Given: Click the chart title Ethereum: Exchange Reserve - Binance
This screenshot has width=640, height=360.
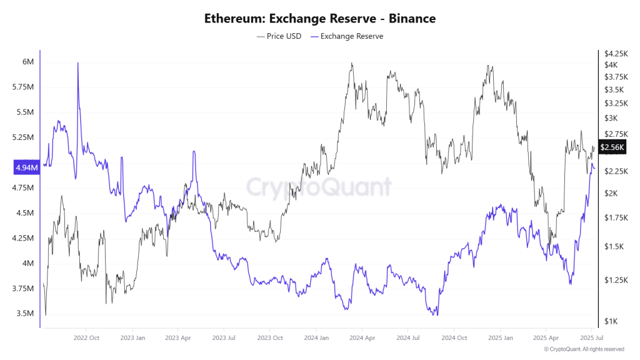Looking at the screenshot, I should click(x=319, y=18).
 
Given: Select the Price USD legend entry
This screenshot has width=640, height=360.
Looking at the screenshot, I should click(x=279, y=36).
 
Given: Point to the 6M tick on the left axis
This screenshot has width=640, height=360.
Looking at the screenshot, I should click(x=27, y=62).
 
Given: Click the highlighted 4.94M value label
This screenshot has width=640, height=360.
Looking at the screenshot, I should click(x=26, y=167).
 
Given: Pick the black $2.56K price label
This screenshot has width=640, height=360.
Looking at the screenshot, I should click(x=612, y=147).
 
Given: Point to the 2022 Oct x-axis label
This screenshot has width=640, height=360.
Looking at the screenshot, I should click(x=86, y=337).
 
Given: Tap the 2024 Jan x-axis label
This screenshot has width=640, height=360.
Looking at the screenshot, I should click(x=316, y=337).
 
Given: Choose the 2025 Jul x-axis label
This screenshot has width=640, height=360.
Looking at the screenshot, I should click(x=591, y=337).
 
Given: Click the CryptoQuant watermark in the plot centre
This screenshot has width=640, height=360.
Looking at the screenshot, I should click(x=319, y=186).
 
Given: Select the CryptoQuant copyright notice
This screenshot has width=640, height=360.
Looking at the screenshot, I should click(x=584, y=349).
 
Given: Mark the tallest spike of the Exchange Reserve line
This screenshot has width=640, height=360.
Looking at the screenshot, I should click(x=77, y=64).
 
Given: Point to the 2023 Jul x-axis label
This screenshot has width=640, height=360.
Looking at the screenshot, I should click(x=223, y=337).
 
